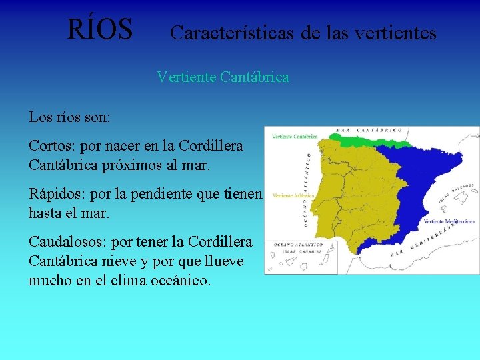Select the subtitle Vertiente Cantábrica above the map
tap(223, 77)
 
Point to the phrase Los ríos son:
tap(70, 117)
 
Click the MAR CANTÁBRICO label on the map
tap(369, 130)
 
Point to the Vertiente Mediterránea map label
tap(449, 221)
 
